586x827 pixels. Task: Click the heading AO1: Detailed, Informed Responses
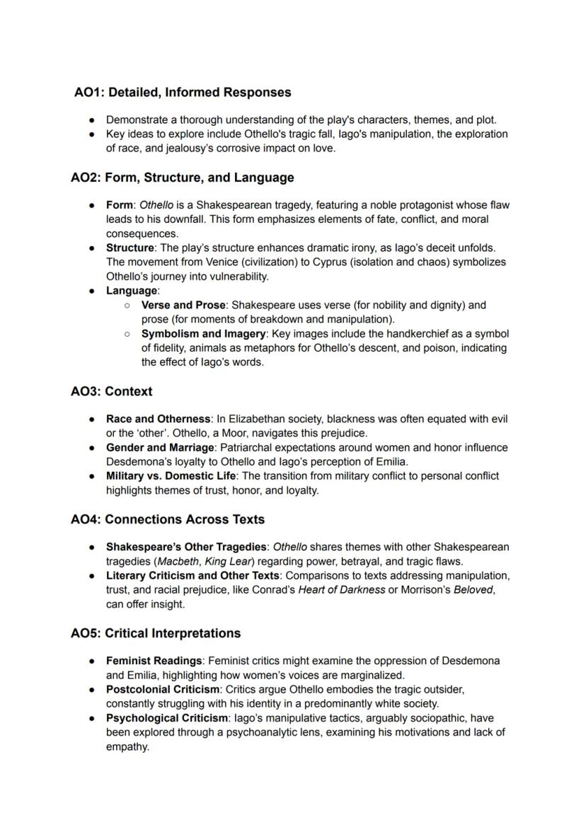[183, 93]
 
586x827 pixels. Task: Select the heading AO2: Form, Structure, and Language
[182, 178]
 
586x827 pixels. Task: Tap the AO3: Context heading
[111, 391]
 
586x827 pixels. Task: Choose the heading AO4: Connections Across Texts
[168, 519]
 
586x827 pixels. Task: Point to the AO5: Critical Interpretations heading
[156, 633]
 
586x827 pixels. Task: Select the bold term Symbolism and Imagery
[204, 334]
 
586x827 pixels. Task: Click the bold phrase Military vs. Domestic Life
[171, 476]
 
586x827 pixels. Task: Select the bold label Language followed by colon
[132, 291]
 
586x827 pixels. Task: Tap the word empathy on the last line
[127, 746]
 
